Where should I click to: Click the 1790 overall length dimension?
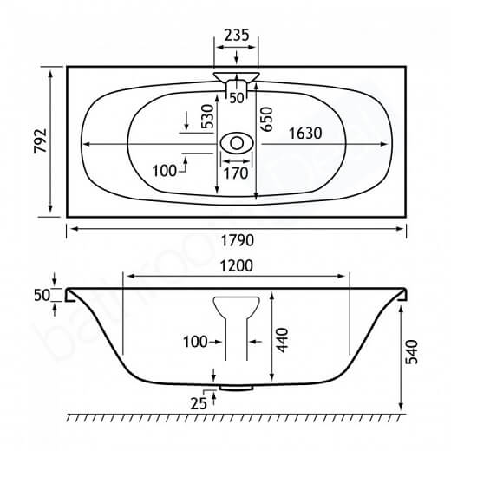click(237, 240)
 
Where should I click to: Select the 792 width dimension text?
click(41, 140)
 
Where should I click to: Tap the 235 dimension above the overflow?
click(237, 35)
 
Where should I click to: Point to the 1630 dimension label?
click(305, 134)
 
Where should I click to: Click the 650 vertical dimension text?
click(266, 119)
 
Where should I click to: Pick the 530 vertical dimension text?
click(209, 116)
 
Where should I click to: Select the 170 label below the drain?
click(236, 173)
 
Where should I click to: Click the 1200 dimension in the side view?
click(237, 266)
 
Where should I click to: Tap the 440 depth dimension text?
click(283, 340)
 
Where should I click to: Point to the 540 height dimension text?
click(412, 352)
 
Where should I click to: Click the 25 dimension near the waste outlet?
click(199, 404)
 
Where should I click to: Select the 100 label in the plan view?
click(164, 171)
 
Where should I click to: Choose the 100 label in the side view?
click(195, 342)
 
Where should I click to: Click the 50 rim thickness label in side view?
click(42, 295)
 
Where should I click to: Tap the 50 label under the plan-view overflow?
click(237, 98)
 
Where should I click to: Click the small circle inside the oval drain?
click(237, 143)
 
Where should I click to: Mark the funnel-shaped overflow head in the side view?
click(237, 307)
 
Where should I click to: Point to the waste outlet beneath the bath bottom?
click(236, 388)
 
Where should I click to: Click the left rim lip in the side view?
click(71, 295)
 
